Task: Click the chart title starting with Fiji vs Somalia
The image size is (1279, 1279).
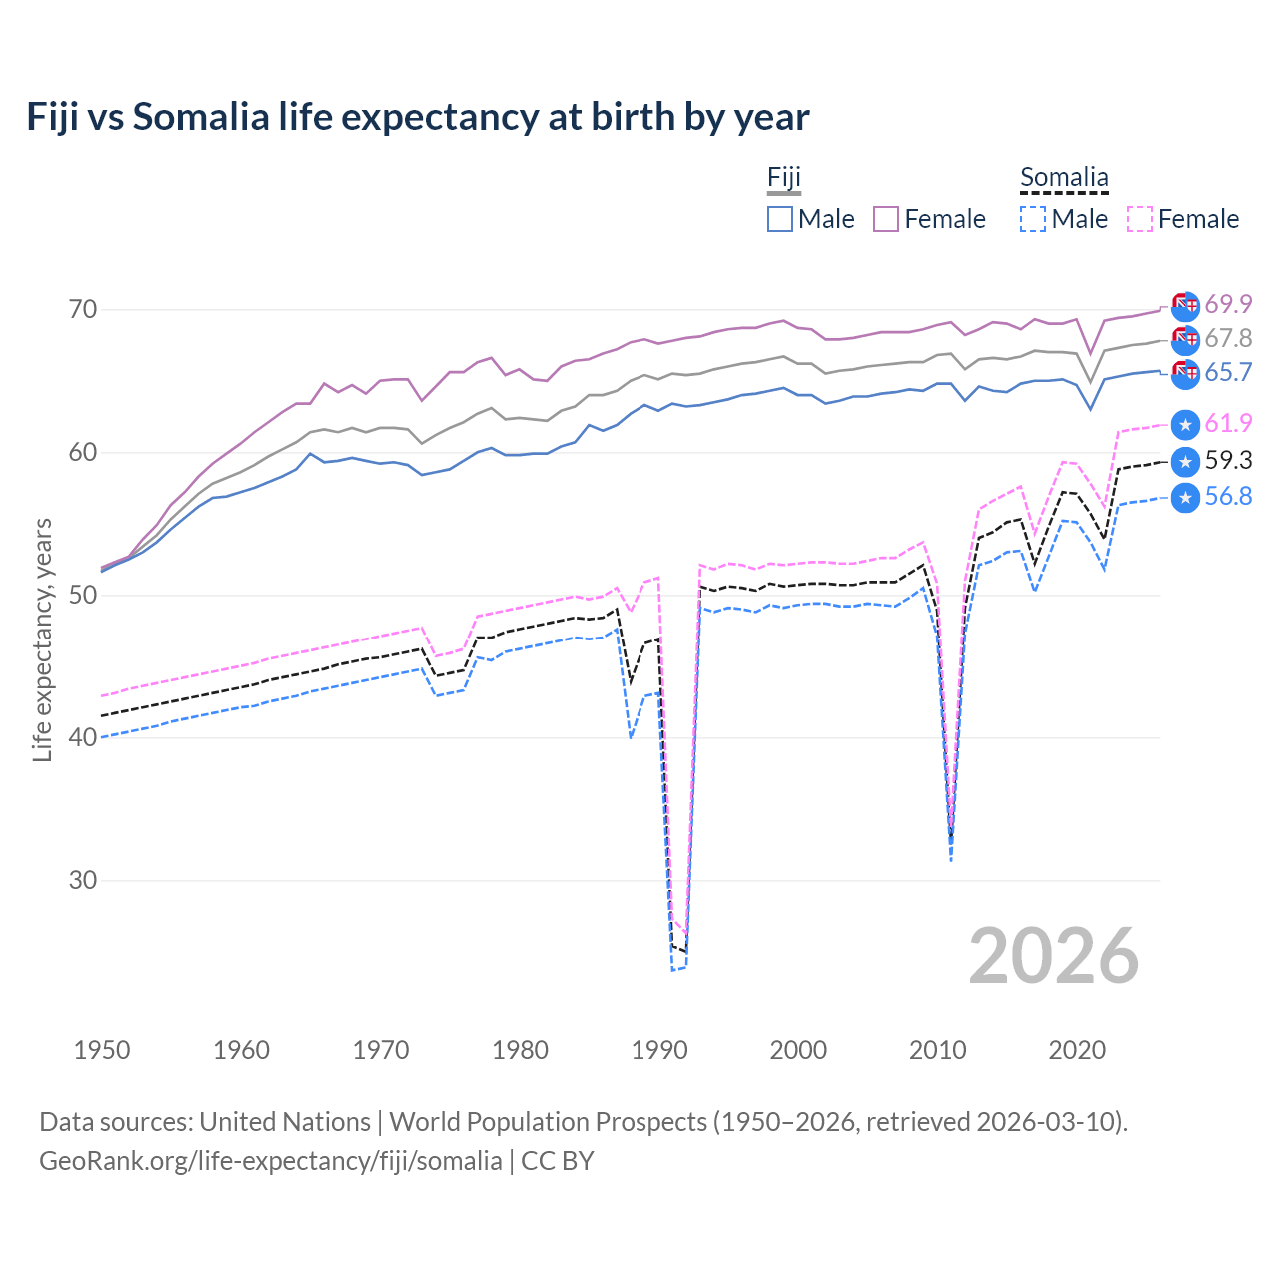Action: click(418, 117)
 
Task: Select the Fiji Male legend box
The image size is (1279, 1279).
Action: click(780, 219)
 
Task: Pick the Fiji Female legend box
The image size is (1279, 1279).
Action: click(886, 219)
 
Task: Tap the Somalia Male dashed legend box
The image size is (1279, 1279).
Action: click(1033, 219)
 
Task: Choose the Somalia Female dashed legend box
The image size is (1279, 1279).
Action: click(1140, 219)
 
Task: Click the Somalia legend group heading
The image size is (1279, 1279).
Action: click(1064, 178)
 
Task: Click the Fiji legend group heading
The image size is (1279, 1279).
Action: click(784, 178)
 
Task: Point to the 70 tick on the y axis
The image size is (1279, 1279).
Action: click(83, 310)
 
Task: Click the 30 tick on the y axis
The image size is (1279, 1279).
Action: click(83, 881)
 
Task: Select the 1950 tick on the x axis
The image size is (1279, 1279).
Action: click(102, 1050)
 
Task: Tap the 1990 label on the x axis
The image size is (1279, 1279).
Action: click(659, 1050)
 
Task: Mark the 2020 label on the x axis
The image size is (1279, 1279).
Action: click(1077, 1050)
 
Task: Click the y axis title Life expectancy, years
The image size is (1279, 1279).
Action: click(42, 639)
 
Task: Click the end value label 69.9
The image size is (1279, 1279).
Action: click(1228, 304)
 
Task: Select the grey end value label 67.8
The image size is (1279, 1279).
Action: click(1228, 338)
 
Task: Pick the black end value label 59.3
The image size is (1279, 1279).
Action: click(1228, 460)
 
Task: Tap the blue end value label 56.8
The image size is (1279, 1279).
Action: click(1228, 496)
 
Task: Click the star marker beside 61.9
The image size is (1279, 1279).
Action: click(1185, 424)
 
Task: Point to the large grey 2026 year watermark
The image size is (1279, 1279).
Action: click(1054, 956)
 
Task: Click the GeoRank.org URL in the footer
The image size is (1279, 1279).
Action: click(271, 1161)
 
